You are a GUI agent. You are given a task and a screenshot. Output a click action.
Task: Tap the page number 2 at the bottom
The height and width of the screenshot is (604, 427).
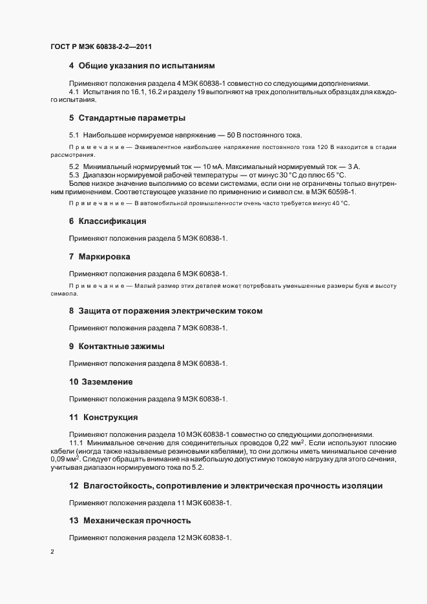(52, 552)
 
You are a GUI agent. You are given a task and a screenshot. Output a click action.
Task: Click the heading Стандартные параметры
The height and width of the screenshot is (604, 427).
(132, 118)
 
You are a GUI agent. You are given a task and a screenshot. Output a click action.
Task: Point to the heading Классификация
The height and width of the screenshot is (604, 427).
(112, 221)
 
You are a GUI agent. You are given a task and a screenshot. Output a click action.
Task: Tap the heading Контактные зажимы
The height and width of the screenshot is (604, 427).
(121, 347)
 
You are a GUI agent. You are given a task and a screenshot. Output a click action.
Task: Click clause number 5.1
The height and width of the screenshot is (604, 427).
(74, 136)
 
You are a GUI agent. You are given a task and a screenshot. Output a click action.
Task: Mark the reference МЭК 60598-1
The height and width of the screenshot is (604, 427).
(334, 192)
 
